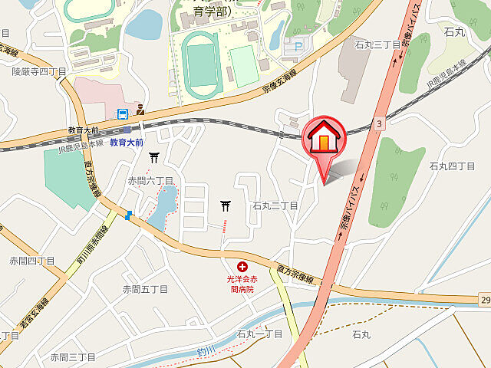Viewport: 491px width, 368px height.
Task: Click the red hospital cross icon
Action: pyautogui.click(x=242, y=266)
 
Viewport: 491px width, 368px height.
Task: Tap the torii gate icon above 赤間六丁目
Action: pyautogui.click(x=154, y=158)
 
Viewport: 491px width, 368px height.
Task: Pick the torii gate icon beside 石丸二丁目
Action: pyautogui.click(x=226, y=205)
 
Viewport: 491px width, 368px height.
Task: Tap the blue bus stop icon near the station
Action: pyautogui.click(x=122, y=115)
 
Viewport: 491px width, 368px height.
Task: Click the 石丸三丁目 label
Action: pyautogui.click(x=377, y=44)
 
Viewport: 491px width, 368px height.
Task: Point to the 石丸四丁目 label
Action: pyautogui.click(x=453, y=166)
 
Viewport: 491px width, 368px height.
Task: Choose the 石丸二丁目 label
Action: pyautogui.click(x=275, y=206)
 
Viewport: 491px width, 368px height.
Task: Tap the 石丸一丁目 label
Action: pyautogui.click(x=259, y=334)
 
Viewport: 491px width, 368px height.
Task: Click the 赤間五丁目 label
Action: pyautogui.click(x=145, y=289)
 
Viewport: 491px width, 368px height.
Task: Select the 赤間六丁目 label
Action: pyautogui.click(x=151, y=181)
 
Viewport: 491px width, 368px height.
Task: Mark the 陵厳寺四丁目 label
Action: pyautogui.click(x=39, y=71)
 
